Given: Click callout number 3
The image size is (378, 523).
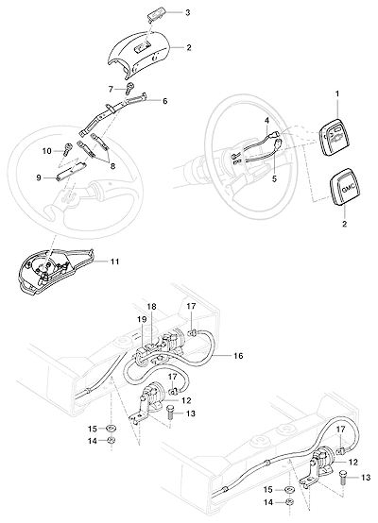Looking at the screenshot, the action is pyautogui.click(x=188, y=12).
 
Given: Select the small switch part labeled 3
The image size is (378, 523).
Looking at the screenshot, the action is pyautogui.click(x=157, y=15).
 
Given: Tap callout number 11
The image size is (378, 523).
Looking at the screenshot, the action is pyautogui.click(x=114, y=261).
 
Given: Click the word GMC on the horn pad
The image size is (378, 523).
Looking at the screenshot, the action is pyautogui.click(x=347, y=190).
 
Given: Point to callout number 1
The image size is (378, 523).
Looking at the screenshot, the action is pyautogui.click(x=337, y=93).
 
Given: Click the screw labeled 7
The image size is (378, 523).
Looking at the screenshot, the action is pyautogui.click(x=129, y=88).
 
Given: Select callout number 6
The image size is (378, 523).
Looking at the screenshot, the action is pyautogui.click(x=165, y=101).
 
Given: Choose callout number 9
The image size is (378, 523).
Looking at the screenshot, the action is pyautogui.click(x=39, y=177).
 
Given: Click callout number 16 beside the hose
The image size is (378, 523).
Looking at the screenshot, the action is pyautogui.click(x=238, y=356).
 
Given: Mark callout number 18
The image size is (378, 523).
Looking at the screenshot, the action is pyautogui.click(x=151, y=307).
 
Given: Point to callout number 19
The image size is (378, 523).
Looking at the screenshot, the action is pyautogui.click(x=142, y=319).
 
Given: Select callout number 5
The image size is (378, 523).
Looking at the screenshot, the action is pyautogui.click(x=274, y=178).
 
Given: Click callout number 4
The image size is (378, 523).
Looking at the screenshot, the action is pyautogui.click(x=267, y=122).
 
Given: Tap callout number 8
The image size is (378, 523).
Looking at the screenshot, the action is pyautogui.click(x=112, y=166).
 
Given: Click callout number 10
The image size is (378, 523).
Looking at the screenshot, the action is pyautogui.click(x=47, y=151).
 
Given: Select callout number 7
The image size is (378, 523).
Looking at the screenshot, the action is pyautogui.click(x=111, y=89).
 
